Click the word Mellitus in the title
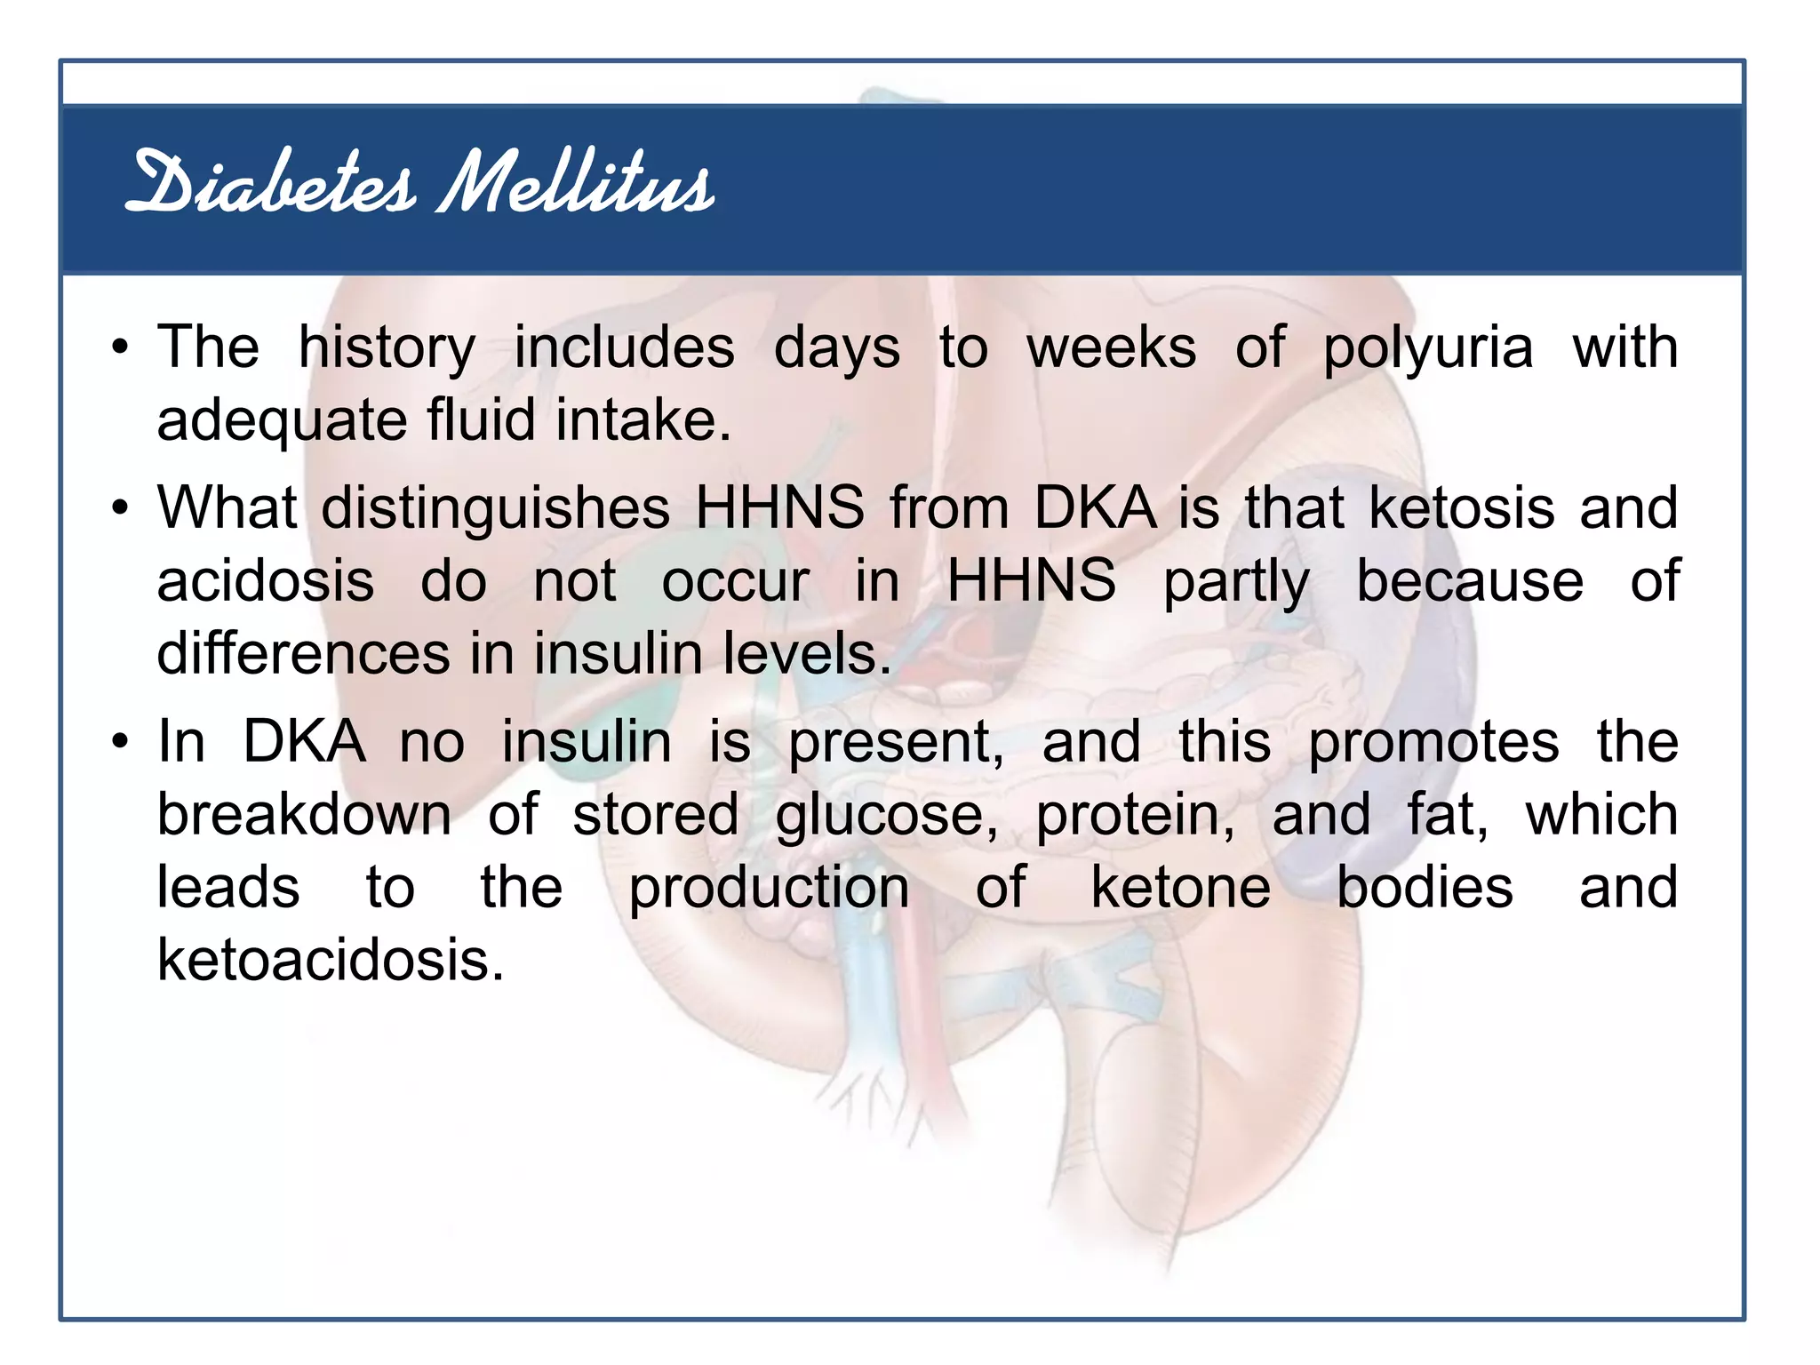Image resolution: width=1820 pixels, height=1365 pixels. coord(576,184)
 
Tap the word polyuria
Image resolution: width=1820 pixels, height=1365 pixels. coord(1428,348)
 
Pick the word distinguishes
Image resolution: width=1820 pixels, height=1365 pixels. coord(495,508)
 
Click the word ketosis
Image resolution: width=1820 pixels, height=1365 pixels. coord(1461,508)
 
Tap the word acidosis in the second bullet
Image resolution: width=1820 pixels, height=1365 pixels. coord(265,581)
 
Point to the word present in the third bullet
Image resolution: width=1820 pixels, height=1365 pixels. coord(896,743)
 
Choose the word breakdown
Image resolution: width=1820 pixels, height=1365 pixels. coord(304,815)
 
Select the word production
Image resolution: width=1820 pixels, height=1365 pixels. coord(769,889)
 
